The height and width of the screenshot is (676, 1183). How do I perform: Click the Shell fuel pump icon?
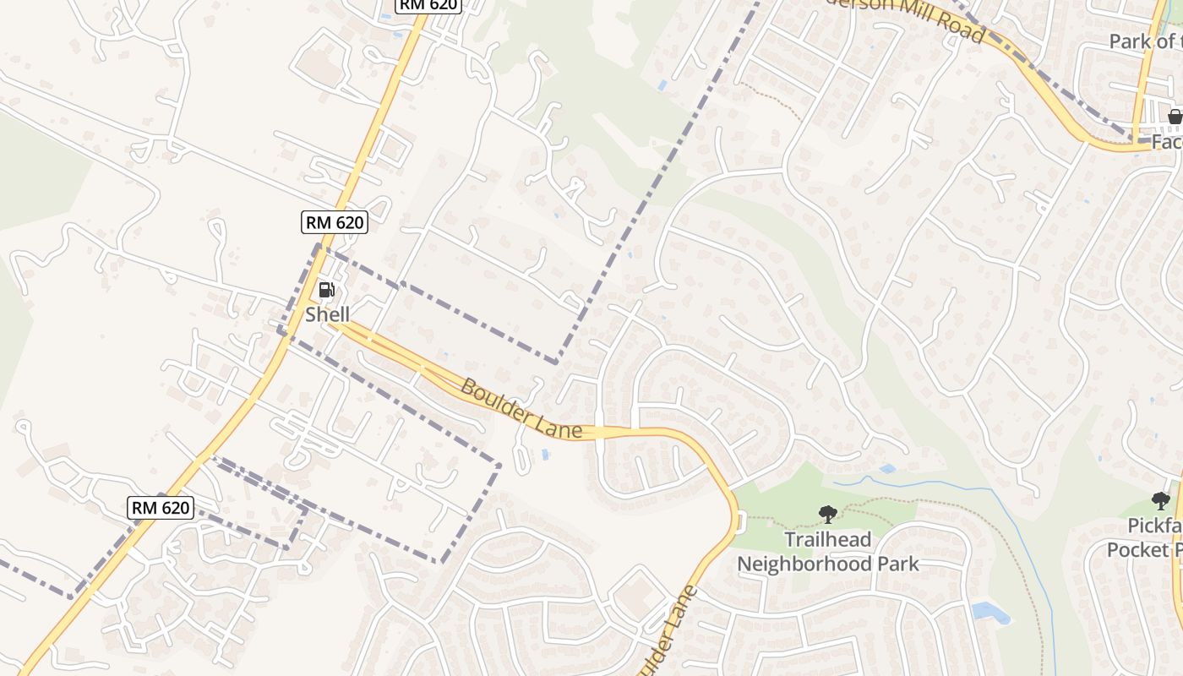[326, 291]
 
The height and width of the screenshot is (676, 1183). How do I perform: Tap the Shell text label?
[327, 314]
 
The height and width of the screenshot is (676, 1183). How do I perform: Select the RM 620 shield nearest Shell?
[335, 223]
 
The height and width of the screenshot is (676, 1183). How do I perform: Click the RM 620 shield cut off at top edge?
[428, 5]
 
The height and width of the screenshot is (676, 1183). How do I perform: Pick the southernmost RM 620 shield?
[161, 508]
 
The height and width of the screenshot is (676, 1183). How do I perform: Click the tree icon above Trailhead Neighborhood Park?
[827, 513]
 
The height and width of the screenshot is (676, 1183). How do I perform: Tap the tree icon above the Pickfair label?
[1161, 501]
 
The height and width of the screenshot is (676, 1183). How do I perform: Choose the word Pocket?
[1137, 550]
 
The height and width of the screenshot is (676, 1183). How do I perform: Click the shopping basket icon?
[1175, 117]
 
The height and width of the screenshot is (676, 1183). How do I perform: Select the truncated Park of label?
[1145, 41]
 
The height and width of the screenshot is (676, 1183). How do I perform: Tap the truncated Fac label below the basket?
[1167, 142]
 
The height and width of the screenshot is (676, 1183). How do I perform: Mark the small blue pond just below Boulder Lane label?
[546, 455]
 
